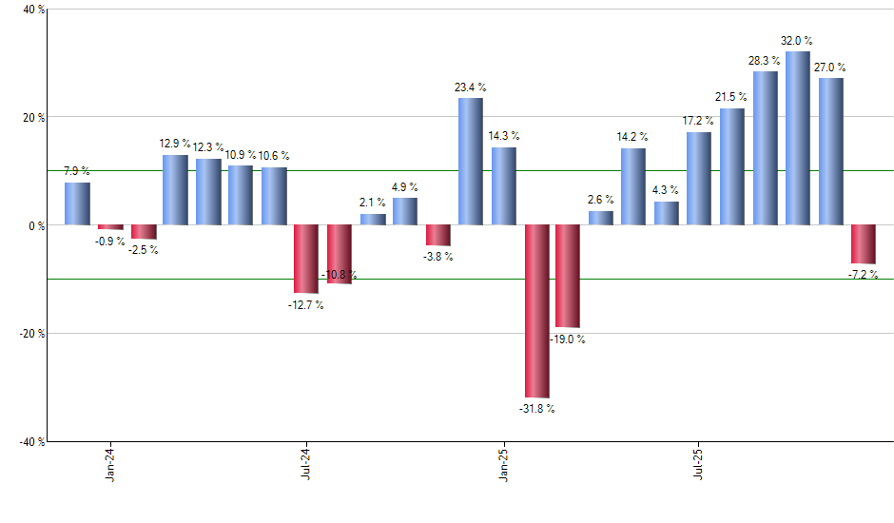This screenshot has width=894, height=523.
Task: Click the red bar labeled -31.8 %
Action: pyautogui.click(x=536, y=311)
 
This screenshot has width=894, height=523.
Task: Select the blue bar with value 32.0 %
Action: pyautogui.click(x=798, y=138)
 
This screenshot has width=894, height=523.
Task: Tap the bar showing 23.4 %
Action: pyautogui.click(x=471, y=162)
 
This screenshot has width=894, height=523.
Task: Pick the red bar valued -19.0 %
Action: pyautogui.click(x=568, y=276)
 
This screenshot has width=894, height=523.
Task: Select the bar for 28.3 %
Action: pyautogui.click(x=765, y=148)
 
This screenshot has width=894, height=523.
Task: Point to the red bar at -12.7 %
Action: pyautogui.click(x=305, y=259)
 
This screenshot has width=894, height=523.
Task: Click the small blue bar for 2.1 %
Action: pyautogui.click(x=373, y=220)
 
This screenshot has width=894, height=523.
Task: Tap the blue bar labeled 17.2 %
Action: pyautogui.click(x=699, y=179)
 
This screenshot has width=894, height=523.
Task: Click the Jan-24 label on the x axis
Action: pyautogui.click(x=110, y=462)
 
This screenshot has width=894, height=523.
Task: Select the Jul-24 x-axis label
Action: pyautogui.click(x=306, y=462)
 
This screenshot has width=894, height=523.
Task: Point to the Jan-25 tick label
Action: pyautogui.click(x=502, y=462)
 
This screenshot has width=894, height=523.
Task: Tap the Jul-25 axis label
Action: pyautogui.click(x=698, y=462)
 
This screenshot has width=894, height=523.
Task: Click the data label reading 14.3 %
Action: pyautogui.click(x=504, y=136)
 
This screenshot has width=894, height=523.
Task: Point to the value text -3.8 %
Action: pyautogui.click(x=438, y=257)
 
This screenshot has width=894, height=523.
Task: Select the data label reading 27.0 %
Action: pyautogui.click(x=829, y=68)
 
